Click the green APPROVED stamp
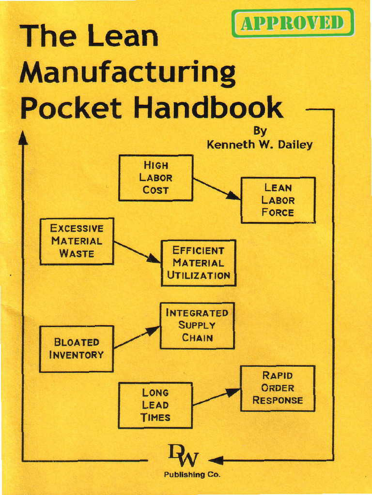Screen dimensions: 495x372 point(293,23)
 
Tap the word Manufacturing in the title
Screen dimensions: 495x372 point(127,73)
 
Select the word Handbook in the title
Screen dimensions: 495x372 point(208,108)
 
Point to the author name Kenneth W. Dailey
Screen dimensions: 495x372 point(260,145)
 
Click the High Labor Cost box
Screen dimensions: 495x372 point(155,178)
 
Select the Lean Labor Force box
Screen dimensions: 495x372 point(278,200)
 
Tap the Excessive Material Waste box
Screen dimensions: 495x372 point(77,241)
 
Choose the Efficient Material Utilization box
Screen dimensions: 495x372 point(199,263)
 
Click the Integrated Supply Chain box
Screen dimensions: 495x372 point(197,325)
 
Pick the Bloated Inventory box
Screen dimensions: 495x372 point(76,349)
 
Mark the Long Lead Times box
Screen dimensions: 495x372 point(155,405)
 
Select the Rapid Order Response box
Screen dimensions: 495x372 point(278,388)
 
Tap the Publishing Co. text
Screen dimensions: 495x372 point(192,475)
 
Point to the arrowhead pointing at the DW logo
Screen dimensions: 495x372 point(216,460)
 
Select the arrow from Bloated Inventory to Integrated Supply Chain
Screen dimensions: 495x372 point(137,337)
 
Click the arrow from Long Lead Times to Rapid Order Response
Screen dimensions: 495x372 point(217,397)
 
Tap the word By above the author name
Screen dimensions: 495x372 point(260,131)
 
